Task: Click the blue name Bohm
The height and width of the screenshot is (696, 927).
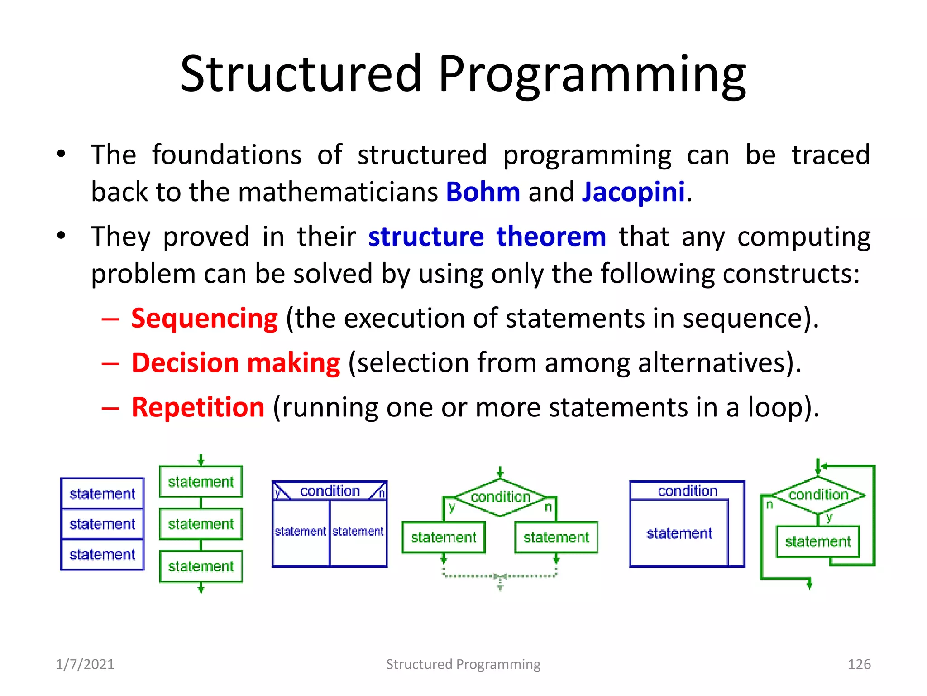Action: click(483, 192)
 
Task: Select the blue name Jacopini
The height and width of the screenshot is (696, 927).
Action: click(633, 192)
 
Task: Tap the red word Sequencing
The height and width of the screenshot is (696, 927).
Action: click(204, 318)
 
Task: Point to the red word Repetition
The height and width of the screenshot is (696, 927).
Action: click(198, 407)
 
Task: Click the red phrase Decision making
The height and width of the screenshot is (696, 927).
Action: click(235, 363)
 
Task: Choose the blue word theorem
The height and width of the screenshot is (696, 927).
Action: click(551, 237)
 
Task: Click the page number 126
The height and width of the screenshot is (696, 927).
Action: click(859, 664)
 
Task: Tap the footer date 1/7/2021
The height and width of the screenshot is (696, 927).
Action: click(85, 664)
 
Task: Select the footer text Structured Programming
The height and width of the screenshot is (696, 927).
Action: click(463, 664)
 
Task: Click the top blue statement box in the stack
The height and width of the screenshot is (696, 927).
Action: click(102, 493)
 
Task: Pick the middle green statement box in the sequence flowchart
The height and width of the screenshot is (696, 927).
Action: click(201, 524)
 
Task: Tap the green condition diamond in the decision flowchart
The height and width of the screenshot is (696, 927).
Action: click(500, 497)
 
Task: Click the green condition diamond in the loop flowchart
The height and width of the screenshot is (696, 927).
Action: click(818, 495)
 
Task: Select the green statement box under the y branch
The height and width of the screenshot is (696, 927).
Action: click(444, 537)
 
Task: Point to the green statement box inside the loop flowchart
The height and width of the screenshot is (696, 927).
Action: click(817, 541)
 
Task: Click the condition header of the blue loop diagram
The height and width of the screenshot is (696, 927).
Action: click(687, 491)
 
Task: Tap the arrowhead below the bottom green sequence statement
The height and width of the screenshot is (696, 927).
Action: click(201, 589)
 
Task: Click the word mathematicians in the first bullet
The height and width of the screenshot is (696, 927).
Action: click(338, 192)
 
